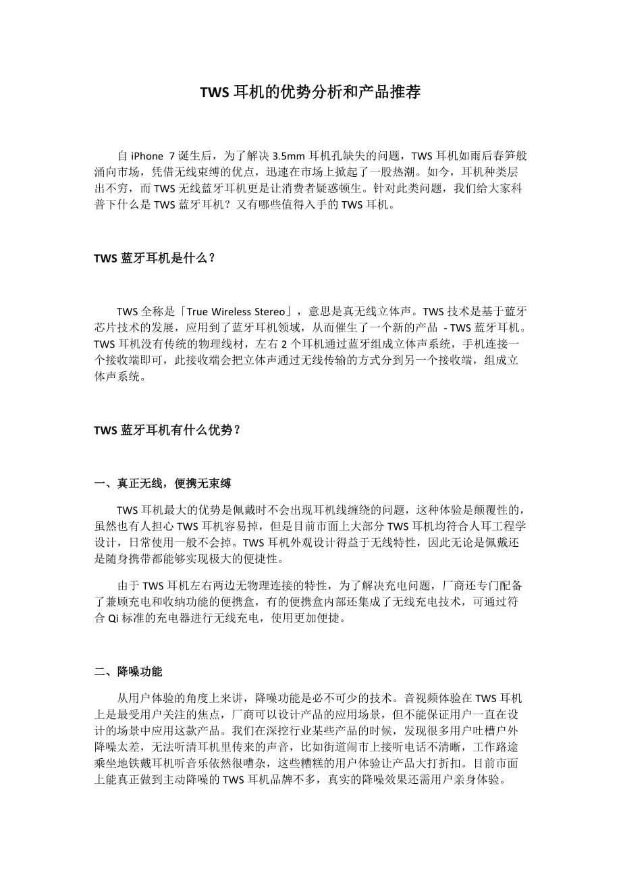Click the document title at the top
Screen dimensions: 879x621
point(310,92)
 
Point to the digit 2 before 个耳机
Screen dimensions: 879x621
point(284,344)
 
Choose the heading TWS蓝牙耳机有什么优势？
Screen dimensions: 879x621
point(167,429)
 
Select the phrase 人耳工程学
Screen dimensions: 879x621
point(493,526)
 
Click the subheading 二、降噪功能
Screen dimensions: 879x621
point(128,672)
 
